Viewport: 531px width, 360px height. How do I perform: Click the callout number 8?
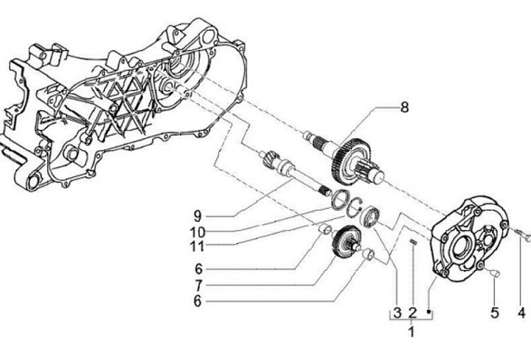coord(403,107)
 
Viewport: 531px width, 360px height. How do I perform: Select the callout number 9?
coord(198,216)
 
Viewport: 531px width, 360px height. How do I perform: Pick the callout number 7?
coord(198,285)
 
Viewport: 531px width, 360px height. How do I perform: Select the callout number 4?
coord(521,314)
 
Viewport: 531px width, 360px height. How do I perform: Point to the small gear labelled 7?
coord(344,243)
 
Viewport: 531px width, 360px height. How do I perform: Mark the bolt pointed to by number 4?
coord(524,235)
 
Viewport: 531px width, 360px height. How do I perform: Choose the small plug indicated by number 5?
coord(493,274)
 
